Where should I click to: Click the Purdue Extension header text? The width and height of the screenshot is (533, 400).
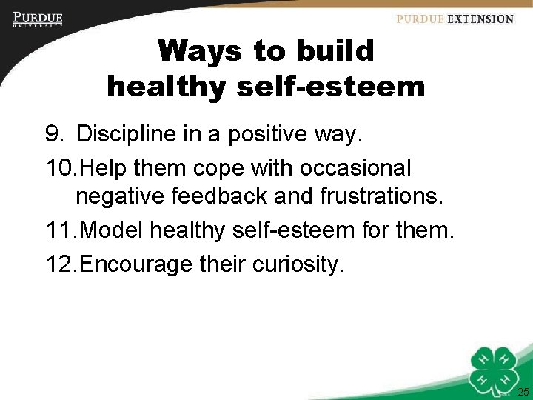tap(455, 19)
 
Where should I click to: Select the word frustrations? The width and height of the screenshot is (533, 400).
tap(370, 198)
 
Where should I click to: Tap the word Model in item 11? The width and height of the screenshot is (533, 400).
tap(112, 231)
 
